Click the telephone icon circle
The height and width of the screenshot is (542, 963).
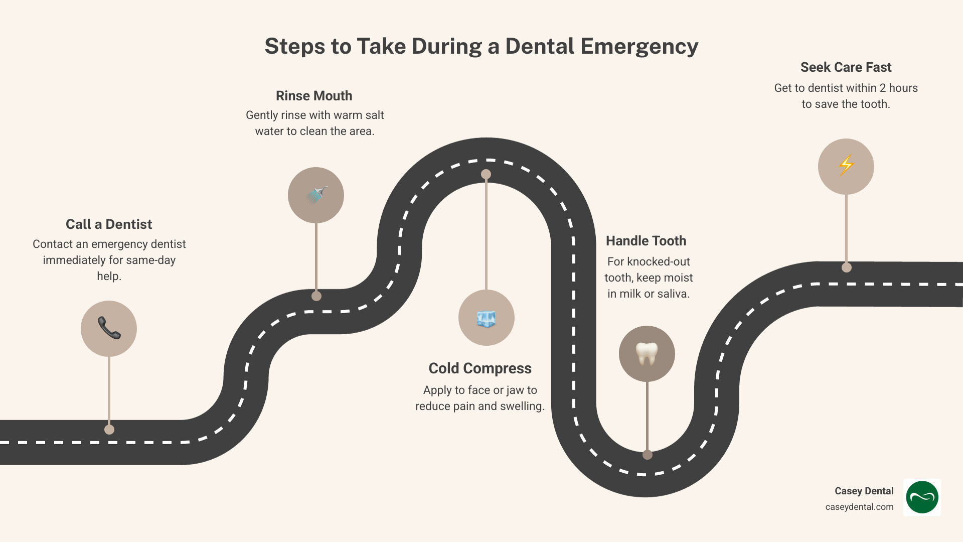[x=109, y=329]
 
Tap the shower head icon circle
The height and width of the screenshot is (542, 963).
[x=316, y=195]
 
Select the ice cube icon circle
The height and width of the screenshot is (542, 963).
[x=486, y=318]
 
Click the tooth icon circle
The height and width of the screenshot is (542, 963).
[x=647, y=354]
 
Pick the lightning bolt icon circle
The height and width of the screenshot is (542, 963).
[x=846, y=167]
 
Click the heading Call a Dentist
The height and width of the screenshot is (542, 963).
[x=109, y=224]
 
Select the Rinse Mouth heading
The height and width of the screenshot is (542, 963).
[x=314, y=96]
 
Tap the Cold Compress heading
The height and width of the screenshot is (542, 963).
[x=480, y=368]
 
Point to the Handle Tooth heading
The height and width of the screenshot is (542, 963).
[x=646, y=241]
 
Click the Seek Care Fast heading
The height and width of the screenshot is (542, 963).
[x=846, y=67]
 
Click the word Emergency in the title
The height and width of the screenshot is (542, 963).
[x=639, y=46]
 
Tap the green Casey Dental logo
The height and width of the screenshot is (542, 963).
[x=922, y=497]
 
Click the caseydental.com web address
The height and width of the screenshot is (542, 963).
[x=859, y=507]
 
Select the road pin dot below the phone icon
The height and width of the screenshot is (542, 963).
[x=109, y=430]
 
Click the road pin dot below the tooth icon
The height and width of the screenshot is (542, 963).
[x=648, y=455]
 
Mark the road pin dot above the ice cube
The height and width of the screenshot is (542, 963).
[x=486, y=174]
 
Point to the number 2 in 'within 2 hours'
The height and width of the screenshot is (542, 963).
[x=883, y=88]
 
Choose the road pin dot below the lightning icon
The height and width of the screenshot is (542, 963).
[x=847, y=267]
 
